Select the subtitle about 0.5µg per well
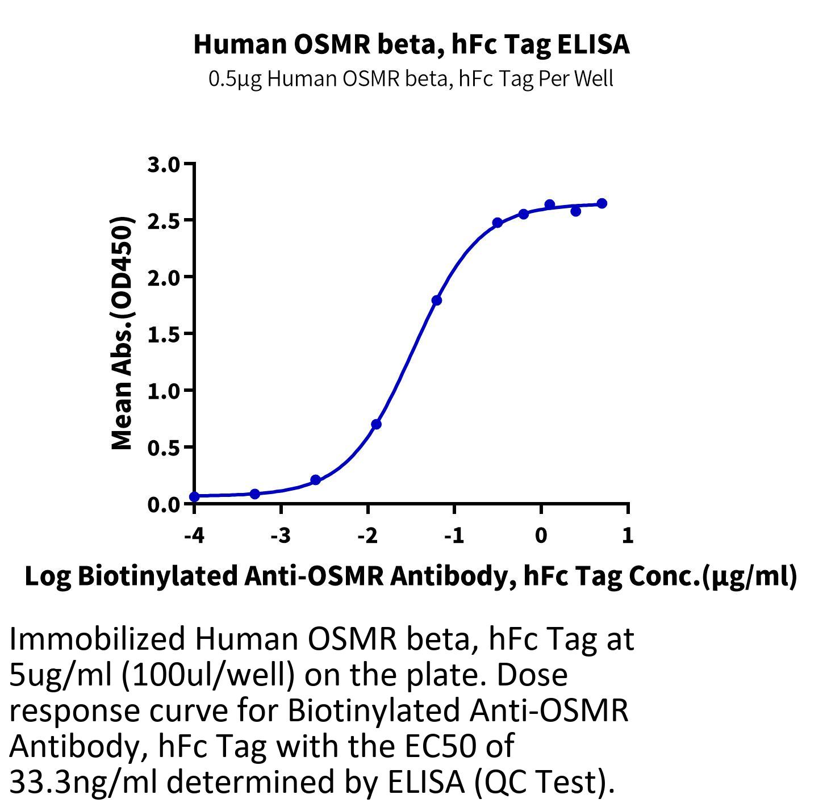[x=411, y=79]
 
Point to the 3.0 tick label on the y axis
[x=164, y=165]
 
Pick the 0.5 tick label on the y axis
[x=164, y=448]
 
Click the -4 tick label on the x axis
[x=194, y=536]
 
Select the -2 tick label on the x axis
[x=367, y=536]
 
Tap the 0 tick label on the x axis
[x=541, y=536]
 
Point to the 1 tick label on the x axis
[x=628, y=536]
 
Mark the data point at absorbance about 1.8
[x=436, y=300]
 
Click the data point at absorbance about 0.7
[x=376, y=424]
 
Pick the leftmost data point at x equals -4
[x=194, y=496]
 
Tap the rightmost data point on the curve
[x=601, y=203]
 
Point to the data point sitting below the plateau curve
[x=576, y=211]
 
